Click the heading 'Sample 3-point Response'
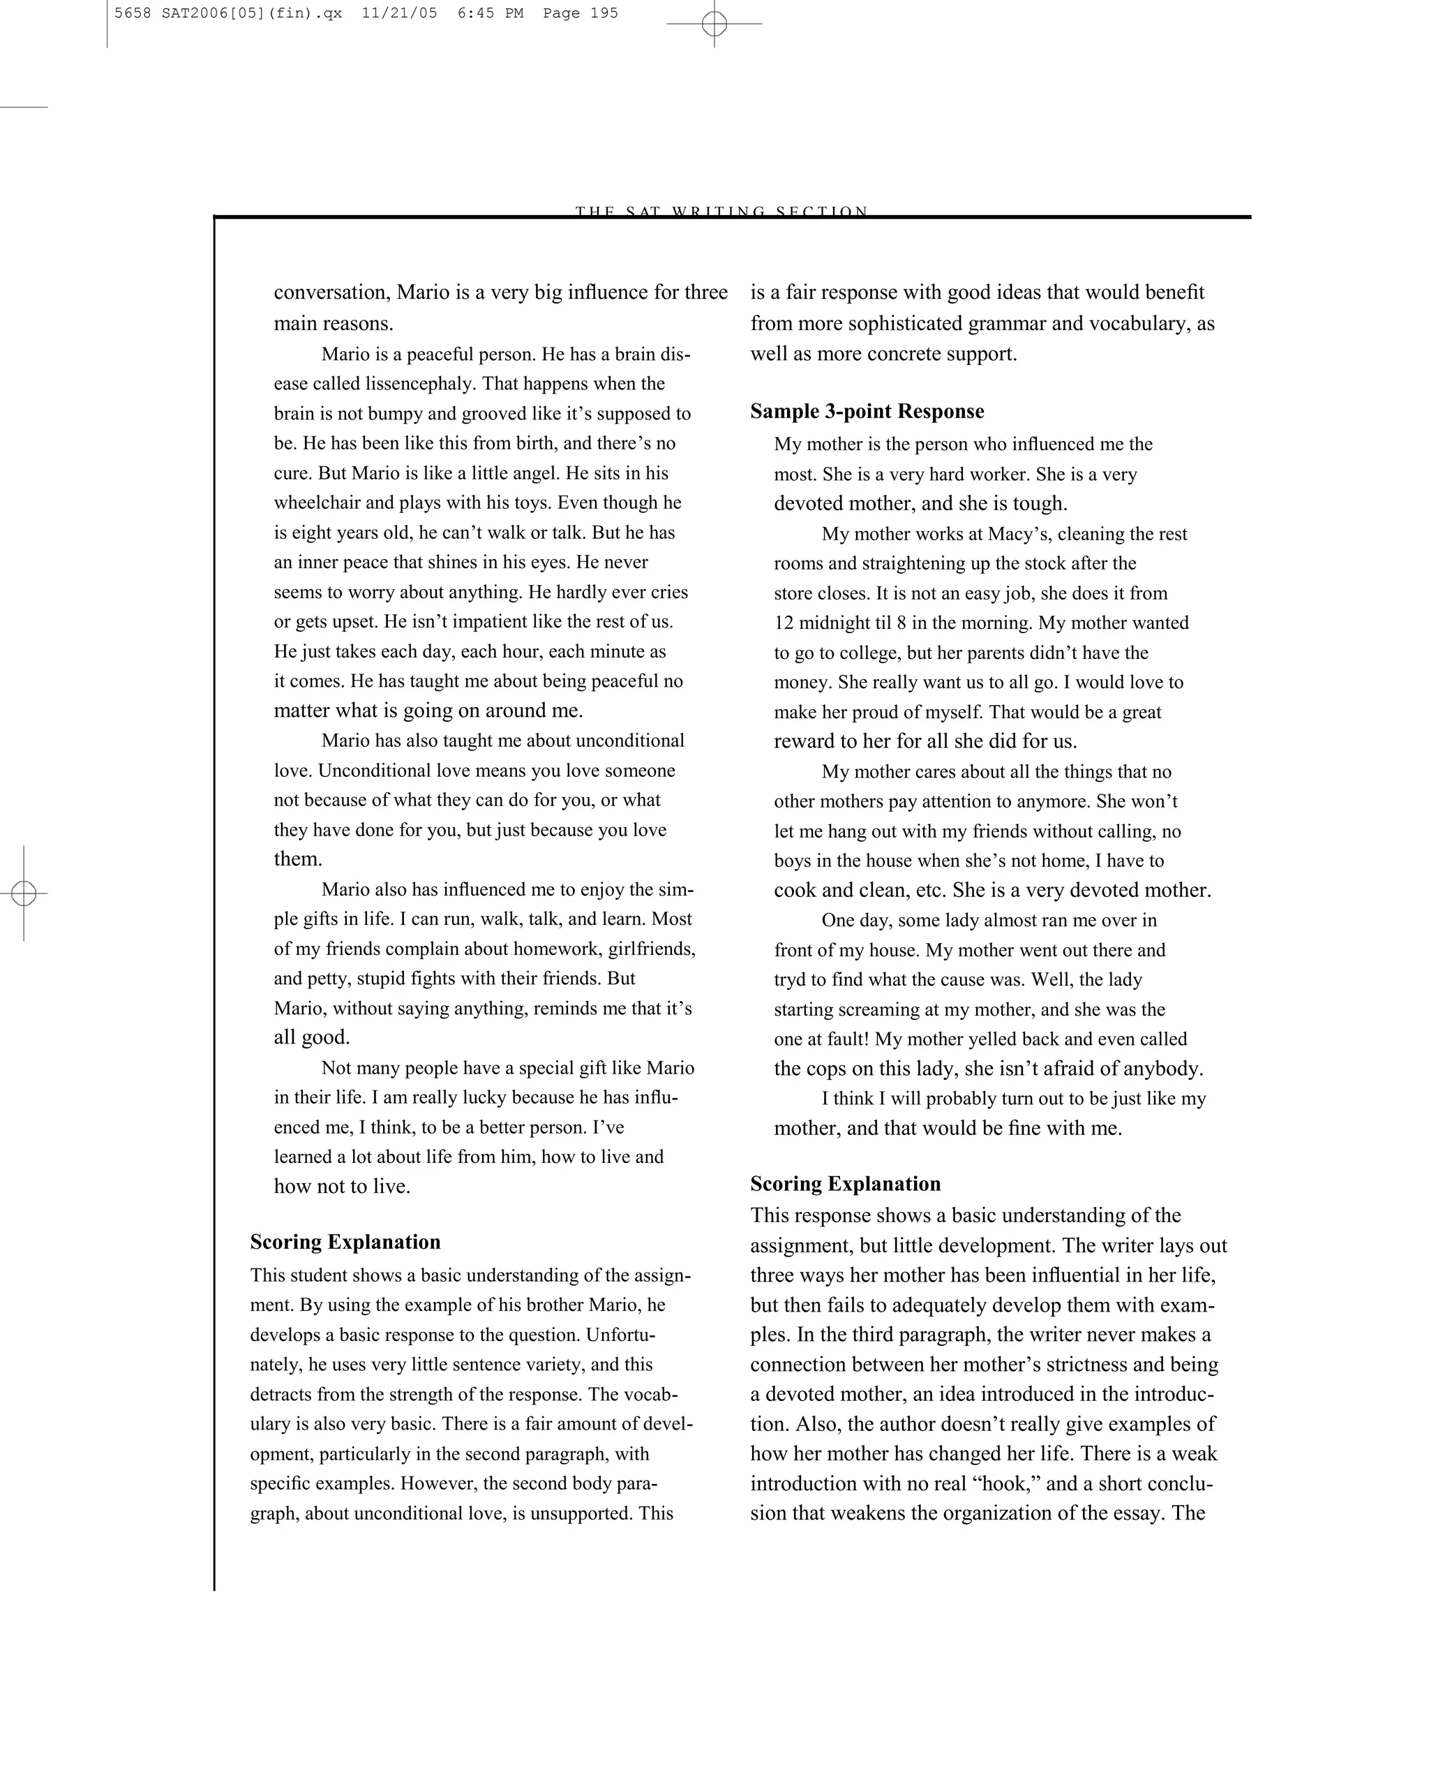pyautogui.click(x=867, y=412)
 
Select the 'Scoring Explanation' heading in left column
pyautogui.click(x=345, y=1242)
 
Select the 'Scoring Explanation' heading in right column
pyautogui.click(x=845, y=1184)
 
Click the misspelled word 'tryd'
pyautogui.click(x=788, y=979)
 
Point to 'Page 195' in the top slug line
pyautogui.click(x=580, y=13)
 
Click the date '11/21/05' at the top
pyautogui.click(x=399, y=13)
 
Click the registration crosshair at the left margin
pyautogui.click(x=24, y=893)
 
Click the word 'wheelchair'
pyautogui.click(x=317, y=503)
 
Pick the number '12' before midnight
pyautogui.click(x=784, y=623)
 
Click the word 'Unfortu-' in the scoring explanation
pyautogui.click(x=620, y=1335)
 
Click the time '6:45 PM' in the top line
pyautogui.click(x=490, y=13)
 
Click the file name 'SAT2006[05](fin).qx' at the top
pyautogui.click(x=247, y=13)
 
